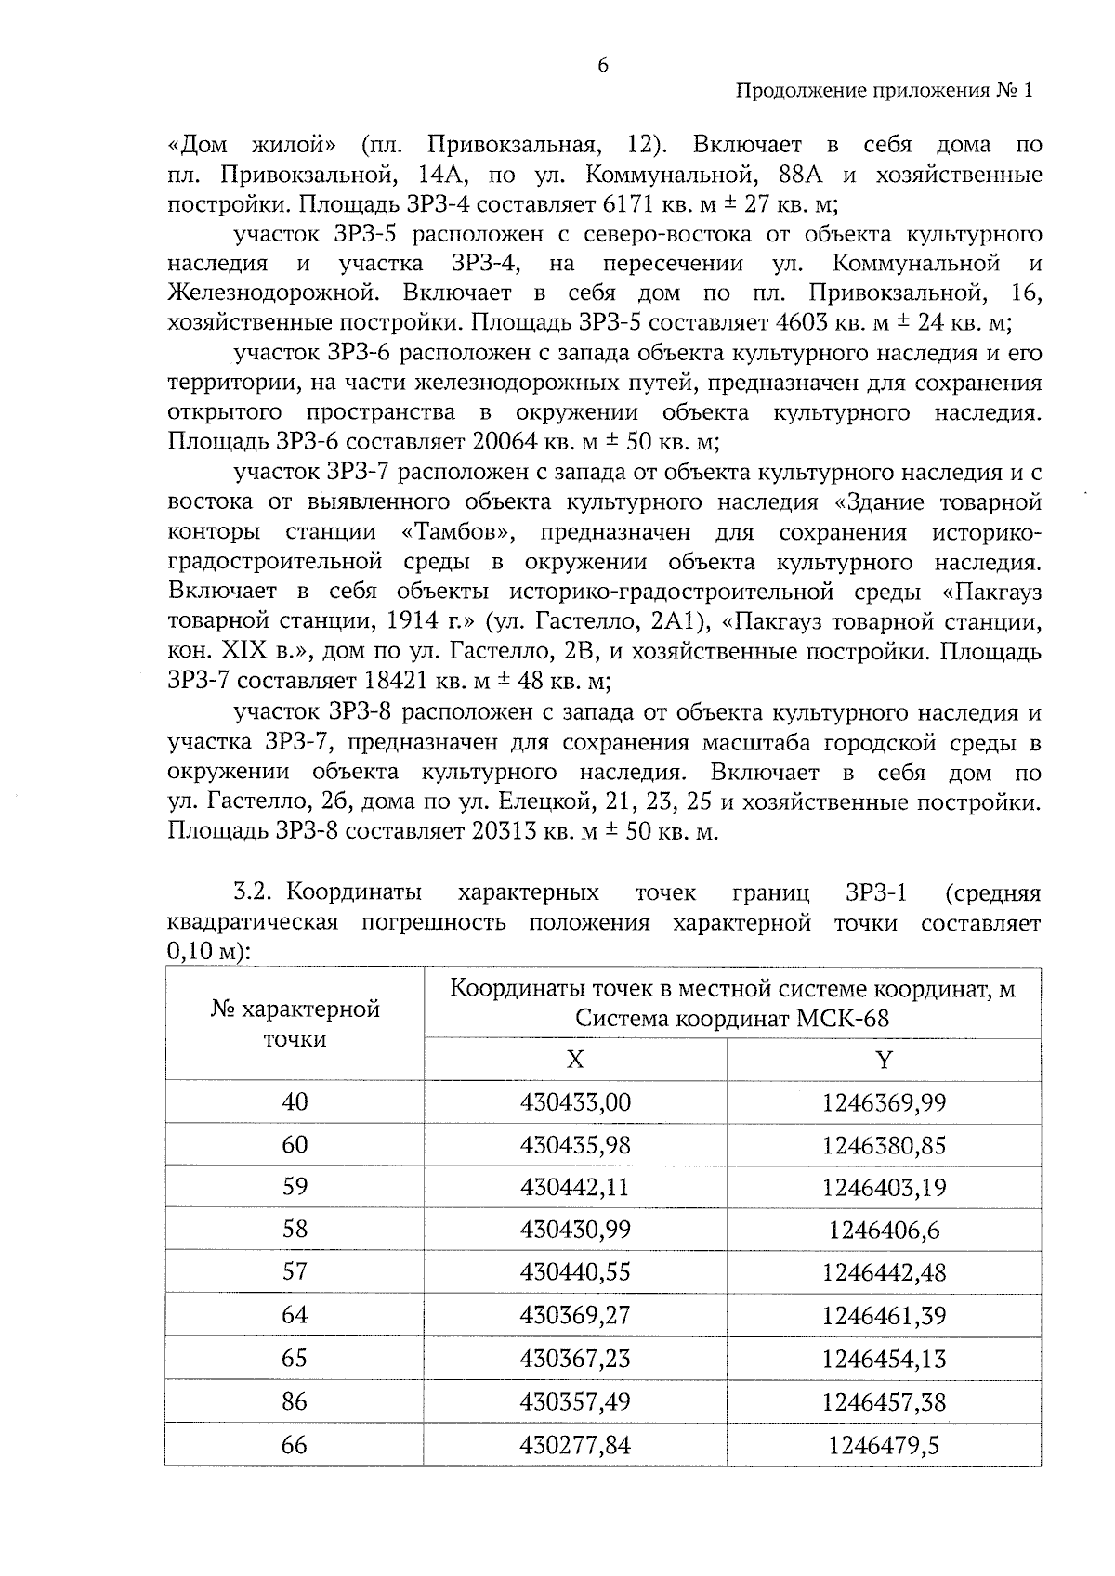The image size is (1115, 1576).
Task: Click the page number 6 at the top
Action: click(x=603, y=64)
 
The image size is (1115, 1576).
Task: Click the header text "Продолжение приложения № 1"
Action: click(x=884, y=91)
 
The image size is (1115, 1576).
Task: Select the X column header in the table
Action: click(x=575, y=1060)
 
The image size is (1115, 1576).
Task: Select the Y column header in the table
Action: click(x=884, y=1060)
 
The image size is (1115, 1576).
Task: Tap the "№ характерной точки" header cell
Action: click(x=295, y=1023)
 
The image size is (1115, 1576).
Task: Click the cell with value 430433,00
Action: click(x=575, y=1102)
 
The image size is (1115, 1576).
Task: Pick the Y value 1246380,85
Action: click(x=884, y=1145)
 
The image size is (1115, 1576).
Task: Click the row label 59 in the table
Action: click(x=295, y=1187)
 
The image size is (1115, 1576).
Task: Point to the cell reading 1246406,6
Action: click(x=884, y=1231)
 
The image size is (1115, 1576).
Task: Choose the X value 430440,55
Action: click(x=575, y=1272)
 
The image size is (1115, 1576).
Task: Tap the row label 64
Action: click(x=295, y=1315)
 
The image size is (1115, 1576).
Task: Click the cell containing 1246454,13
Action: click(x=884, y=1359)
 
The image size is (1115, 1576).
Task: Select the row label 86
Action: click(x=295, y=1400)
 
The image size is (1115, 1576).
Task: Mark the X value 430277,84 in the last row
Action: click(x=575, y=1444)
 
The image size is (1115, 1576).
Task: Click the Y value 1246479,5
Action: click(x=884, y=1444)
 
